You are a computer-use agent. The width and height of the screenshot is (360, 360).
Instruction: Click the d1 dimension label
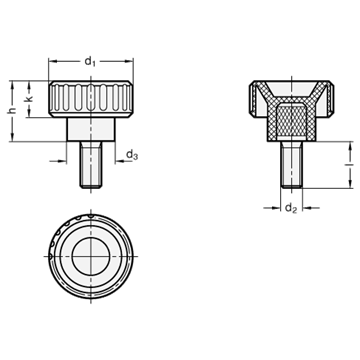click(90, 61)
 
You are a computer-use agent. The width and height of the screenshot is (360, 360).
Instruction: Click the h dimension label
click(12, 110)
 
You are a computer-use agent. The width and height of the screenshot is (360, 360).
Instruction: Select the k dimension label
click(29, 99)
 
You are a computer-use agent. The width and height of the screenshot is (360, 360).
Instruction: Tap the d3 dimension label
click(132, 155)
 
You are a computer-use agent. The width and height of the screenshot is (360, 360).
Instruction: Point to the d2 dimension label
click(291, 208)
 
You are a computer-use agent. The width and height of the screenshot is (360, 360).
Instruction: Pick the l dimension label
click(350, 165)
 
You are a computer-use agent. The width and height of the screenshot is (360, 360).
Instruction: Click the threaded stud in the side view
click(91, 165)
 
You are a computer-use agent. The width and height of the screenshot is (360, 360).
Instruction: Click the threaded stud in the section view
click(291, 165)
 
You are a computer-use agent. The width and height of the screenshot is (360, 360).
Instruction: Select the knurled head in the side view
click(91, 99)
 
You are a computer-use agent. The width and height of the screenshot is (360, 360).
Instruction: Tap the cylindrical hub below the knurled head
click(91, 129)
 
